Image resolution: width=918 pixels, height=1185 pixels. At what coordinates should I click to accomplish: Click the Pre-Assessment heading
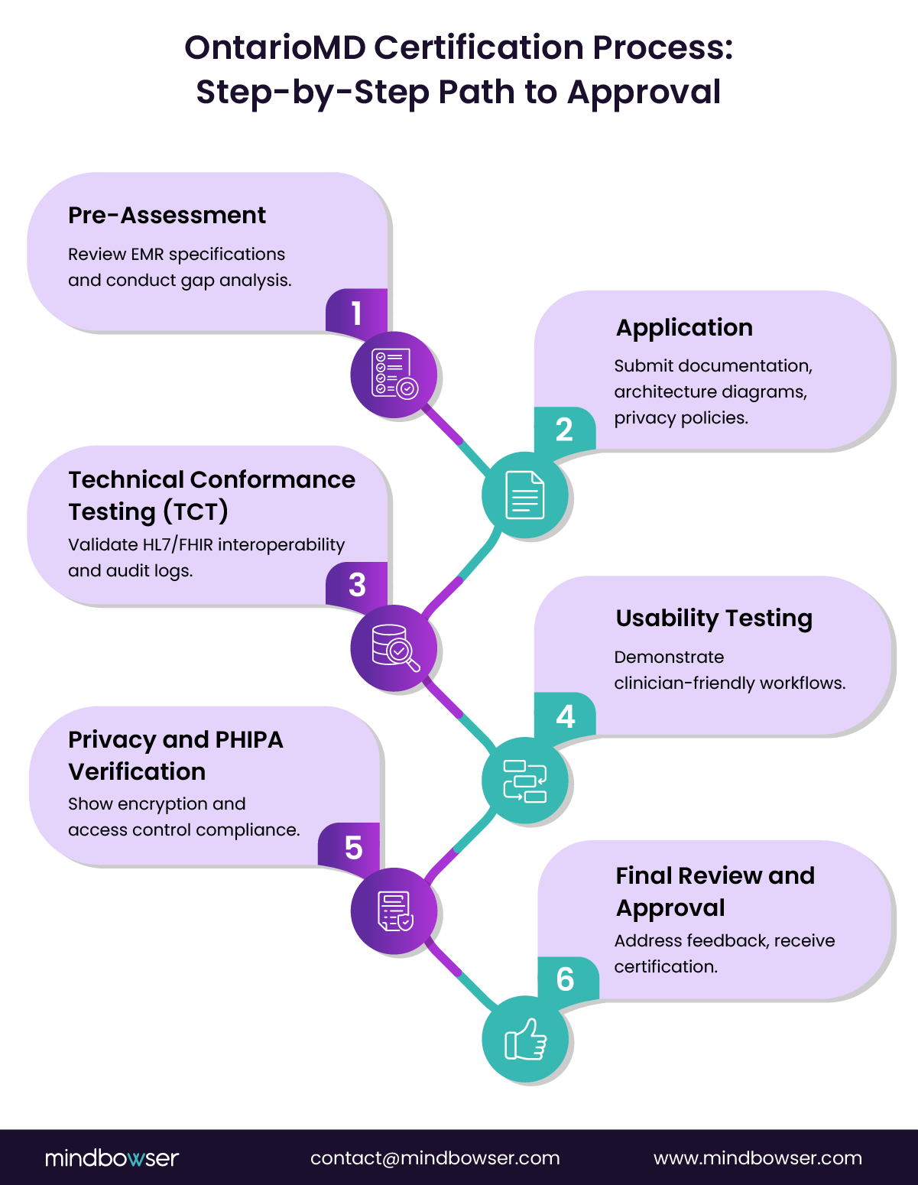tap(167, 216)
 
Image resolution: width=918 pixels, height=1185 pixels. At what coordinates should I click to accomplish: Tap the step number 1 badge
tap(356, 313)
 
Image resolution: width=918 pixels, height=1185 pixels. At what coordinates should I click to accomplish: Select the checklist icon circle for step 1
tap(394, 375)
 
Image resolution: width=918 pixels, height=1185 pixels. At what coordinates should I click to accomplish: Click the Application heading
tap(684, 328)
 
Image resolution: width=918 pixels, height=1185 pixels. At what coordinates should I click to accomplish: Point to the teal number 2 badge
tap(564, 430)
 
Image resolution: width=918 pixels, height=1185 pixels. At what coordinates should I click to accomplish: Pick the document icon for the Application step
tap(525, 495)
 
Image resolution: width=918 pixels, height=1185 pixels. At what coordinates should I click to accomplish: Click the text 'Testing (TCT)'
tap(148, 511)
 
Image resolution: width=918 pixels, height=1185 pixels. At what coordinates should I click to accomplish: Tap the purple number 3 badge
tap(357, 585)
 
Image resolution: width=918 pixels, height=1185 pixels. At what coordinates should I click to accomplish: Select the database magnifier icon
tap(394, 648)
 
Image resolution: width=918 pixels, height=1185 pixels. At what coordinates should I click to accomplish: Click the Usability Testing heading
tap(714, 618)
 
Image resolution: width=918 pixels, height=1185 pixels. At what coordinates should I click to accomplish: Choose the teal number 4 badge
tap(565, 716)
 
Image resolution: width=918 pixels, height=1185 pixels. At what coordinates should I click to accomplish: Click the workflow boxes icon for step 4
tap(525, 781)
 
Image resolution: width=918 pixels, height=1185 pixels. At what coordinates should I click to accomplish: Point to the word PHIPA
tap(249, 740)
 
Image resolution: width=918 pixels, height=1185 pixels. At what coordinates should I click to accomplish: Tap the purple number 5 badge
tap(353, 848)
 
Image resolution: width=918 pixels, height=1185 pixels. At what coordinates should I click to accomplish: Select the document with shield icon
tap(394, 911)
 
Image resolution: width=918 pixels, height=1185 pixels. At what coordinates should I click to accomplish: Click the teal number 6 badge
tap(566, 979)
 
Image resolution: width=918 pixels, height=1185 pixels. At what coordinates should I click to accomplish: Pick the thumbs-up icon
tap(525, 1040)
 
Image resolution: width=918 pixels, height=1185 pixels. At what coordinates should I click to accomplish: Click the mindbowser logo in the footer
tap(112, 1158)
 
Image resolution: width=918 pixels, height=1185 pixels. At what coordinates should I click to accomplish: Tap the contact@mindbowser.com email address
tap(435, 1158)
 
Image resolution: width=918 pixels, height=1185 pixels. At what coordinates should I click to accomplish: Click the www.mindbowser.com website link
tap(757, 1158)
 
